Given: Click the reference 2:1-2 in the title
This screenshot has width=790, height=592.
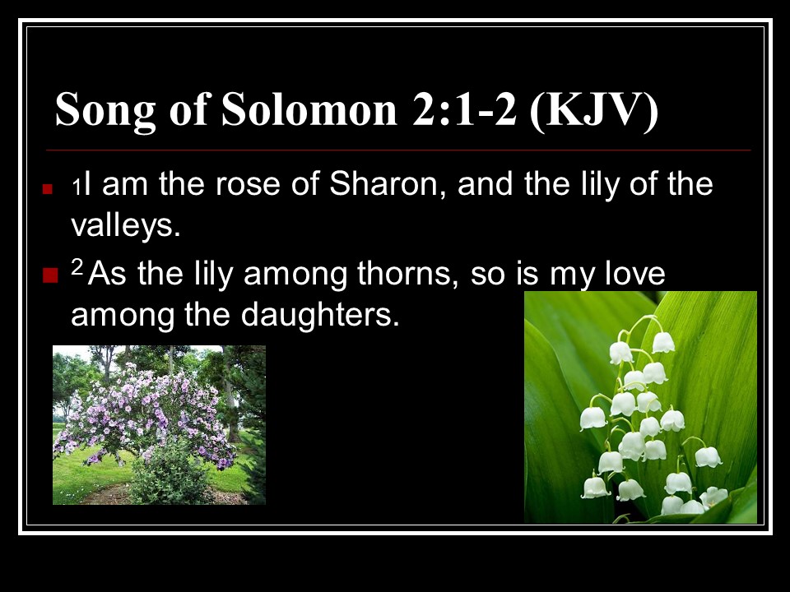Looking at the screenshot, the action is tap(464, 109).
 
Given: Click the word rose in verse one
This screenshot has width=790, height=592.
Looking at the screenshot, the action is tap(248, 185).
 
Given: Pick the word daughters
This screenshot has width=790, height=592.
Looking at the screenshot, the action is tap(320, 315).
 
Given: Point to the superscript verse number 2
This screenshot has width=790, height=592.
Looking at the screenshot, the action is tap(77, 266).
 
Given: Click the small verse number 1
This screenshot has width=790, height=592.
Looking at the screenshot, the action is tap(76, 187).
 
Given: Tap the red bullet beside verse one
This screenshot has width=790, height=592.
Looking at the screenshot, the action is tap(48, 189).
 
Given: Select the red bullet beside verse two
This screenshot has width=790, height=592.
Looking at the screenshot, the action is tap(51, 275).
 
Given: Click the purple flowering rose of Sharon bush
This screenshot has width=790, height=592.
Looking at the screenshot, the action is tap(146, 413).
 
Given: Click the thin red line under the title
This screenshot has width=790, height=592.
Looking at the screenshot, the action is tap(398, 150).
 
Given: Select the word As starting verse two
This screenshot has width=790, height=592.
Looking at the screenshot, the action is tap(107, 275).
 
